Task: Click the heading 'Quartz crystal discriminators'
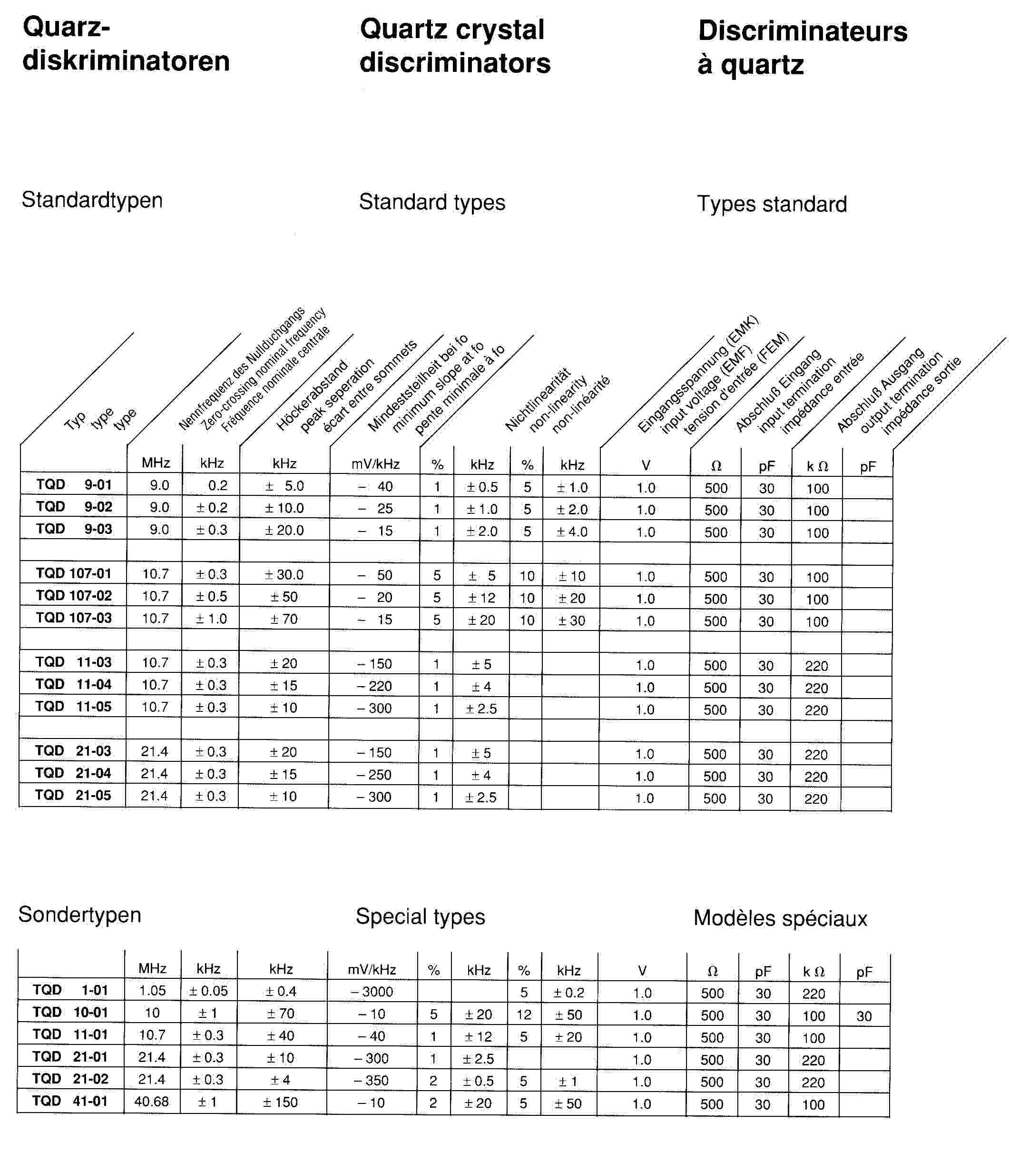455,46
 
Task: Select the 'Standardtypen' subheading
92,200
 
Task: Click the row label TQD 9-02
74,507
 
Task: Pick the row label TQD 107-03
74,618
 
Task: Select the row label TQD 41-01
70,1101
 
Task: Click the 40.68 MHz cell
152,1101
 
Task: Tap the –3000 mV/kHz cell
372,992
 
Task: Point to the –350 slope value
371,1080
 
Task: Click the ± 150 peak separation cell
280,1102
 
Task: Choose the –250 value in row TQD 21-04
374,774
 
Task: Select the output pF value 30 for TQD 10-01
863,1016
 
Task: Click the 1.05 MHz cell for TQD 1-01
152,990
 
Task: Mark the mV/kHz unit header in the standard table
375,464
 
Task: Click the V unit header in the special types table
642,971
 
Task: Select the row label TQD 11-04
74,684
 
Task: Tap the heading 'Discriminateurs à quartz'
802,48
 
